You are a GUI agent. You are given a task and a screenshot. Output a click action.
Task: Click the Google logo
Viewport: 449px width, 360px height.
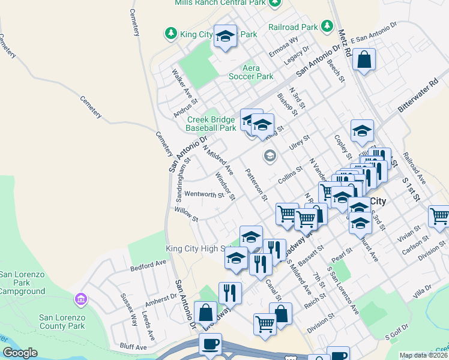point(20,353)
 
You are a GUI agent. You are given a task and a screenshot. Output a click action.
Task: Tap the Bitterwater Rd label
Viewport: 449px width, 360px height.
point(418,95)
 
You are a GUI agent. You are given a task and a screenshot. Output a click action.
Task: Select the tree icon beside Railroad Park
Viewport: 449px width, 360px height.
point(327,26)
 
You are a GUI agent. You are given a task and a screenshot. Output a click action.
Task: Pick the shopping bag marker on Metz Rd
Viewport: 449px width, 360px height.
point(364,60)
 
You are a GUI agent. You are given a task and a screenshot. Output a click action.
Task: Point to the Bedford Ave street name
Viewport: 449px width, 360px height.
point(148,264)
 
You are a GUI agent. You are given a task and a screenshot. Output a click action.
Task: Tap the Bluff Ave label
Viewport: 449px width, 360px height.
point(133,347)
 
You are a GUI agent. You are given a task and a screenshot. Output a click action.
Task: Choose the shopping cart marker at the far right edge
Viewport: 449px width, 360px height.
point(439,216)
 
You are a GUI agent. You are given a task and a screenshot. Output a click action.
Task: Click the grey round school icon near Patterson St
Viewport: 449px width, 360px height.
point(270,156)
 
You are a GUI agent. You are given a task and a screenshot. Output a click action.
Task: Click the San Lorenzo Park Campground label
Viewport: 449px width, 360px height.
point(22,283)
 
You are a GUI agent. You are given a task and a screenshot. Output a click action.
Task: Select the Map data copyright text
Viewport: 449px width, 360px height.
point(424,355)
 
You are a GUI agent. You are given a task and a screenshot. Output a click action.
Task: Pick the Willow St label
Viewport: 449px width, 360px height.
point(185,215)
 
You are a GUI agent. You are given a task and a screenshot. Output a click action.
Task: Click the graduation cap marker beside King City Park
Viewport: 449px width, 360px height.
point(225,37)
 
